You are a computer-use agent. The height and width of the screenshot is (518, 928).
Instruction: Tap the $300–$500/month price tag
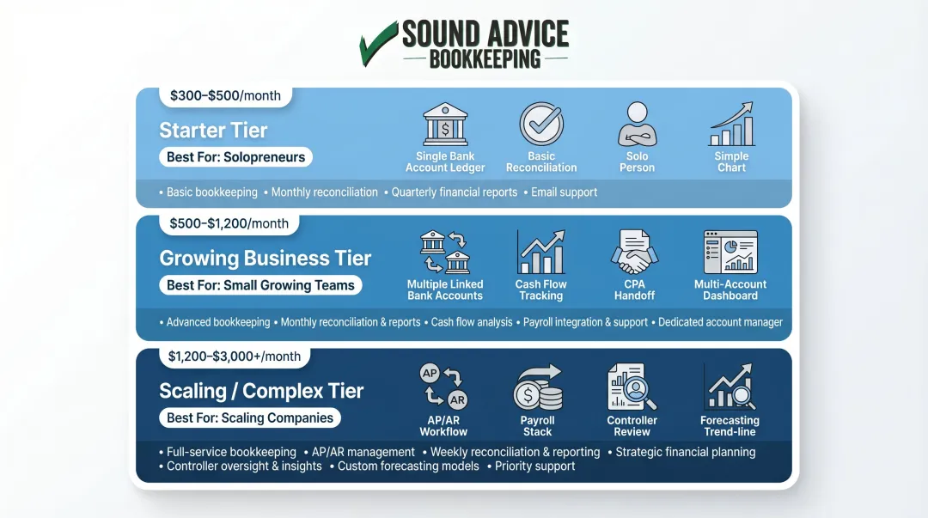(225, 95)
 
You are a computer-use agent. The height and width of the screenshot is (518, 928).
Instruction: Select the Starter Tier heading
(213, 131)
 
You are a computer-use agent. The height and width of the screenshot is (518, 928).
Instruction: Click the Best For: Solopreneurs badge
(236, 157)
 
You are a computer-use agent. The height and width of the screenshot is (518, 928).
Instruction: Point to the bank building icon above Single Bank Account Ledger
(445, 125)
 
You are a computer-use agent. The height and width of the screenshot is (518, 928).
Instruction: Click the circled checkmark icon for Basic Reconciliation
(541, 125)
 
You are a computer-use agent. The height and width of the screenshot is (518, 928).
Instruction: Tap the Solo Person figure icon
(637, 125)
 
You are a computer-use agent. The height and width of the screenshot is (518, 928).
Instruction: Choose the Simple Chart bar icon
(731, 125)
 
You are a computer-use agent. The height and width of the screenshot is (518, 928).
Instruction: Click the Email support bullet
(564, 192)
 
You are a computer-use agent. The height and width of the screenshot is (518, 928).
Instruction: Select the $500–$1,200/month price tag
(229, 223)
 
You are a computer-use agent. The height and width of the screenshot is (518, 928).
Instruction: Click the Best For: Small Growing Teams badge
(260, 285)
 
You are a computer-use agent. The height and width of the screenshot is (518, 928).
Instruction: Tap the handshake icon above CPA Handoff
(634, 253)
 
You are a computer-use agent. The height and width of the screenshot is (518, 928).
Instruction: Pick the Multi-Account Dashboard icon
(730, 252)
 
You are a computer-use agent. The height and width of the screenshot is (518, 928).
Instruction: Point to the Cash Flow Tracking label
(540, 289)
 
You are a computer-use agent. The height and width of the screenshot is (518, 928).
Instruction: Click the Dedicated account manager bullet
(720, 322)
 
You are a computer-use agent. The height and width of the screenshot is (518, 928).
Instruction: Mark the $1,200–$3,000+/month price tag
(235, 357)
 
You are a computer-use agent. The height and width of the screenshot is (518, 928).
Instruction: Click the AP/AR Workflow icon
(443, 387)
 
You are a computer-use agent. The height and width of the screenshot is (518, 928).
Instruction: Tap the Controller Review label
(632, 426)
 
